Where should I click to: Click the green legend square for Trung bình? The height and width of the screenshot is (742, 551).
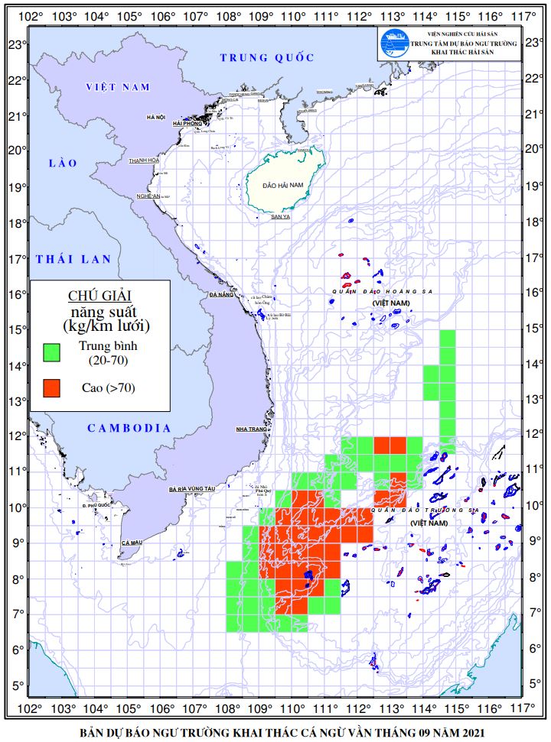(x=51, y=352)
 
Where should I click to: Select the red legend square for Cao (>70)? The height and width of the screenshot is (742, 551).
(x=51, y=388)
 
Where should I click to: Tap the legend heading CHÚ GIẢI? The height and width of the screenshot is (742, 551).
(x=99, y=296)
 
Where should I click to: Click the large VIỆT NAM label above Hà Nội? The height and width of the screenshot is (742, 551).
(x=118, y=87)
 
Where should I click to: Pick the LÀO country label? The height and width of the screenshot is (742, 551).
(x=58, y=163)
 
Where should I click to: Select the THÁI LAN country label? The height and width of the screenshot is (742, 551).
(x=73, y=259)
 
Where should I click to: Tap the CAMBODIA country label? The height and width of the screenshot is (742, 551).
(x=129, y=428)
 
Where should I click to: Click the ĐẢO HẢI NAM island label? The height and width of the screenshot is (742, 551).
(x=282, y=186)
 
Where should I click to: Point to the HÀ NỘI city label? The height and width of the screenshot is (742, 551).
(x=156, y=118)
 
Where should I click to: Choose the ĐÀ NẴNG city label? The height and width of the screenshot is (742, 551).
(x=220, y=294)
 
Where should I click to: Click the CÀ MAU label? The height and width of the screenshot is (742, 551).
(x=132, y=543)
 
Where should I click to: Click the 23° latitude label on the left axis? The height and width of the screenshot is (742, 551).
(x=15, y=44)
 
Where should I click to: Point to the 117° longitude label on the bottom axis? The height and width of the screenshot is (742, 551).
(x=523, y=706)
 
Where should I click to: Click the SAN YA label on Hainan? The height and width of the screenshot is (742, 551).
(x=281, y=217)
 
